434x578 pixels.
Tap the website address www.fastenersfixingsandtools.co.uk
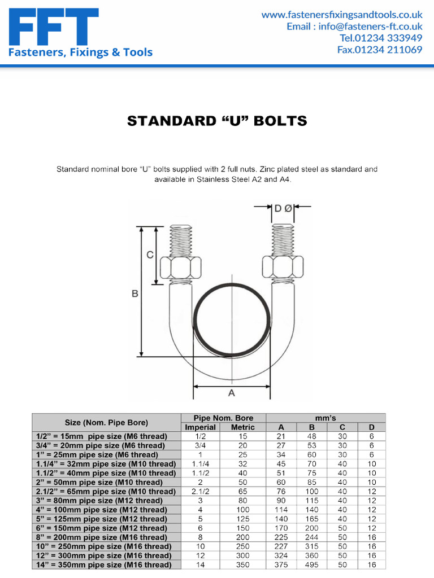tap(341, 15)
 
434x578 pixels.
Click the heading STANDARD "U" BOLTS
tap(217, 121)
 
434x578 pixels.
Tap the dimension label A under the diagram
tap(231, 393)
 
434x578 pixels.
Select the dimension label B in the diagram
tap(135, 293)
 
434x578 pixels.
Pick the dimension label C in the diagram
tap(150, 255)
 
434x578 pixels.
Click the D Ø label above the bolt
tap(283, 208)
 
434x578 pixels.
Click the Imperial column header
tap(201, 427)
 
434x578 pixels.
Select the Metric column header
tap(243, 427)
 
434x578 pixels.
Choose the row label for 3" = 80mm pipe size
tap(106, 501)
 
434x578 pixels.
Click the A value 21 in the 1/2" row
tap(281, 436)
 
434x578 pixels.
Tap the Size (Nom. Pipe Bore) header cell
tap(106, 423)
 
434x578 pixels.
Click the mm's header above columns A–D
tap(327, 418)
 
